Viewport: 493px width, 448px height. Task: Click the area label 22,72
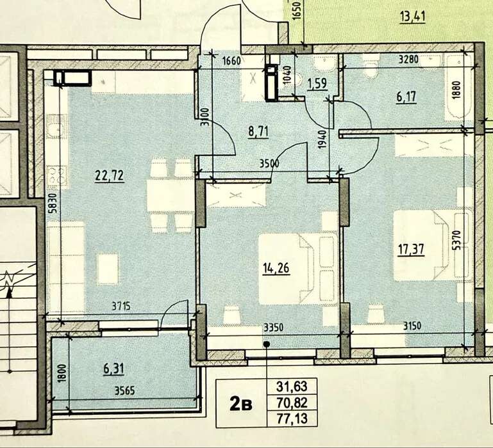[110, 176]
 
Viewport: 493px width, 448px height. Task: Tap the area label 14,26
[276, 269]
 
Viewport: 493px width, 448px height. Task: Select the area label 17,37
[411, 250]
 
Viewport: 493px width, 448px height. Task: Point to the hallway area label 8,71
[258, 131]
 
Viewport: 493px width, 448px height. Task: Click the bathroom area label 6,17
[406, 97]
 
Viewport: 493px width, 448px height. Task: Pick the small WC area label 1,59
[317, 84]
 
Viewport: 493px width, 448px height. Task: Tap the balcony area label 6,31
[114, 368]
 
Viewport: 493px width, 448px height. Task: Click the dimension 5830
[53, 204]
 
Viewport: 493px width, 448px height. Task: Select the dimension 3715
[121, 306]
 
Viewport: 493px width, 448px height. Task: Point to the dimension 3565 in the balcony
[125, 391]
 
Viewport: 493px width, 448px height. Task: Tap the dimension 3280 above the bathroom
[408, 59]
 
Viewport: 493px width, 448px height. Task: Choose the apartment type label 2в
[241, 404]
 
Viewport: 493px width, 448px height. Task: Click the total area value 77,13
[292, 418]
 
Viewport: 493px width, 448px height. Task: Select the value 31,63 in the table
[292, 387]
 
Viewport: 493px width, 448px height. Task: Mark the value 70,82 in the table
[292, 402]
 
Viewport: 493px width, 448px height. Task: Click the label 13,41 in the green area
[412, 17]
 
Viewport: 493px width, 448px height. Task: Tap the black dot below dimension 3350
[267, 344]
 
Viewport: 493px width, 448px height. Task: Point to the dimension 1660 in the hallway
[231, 60]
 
